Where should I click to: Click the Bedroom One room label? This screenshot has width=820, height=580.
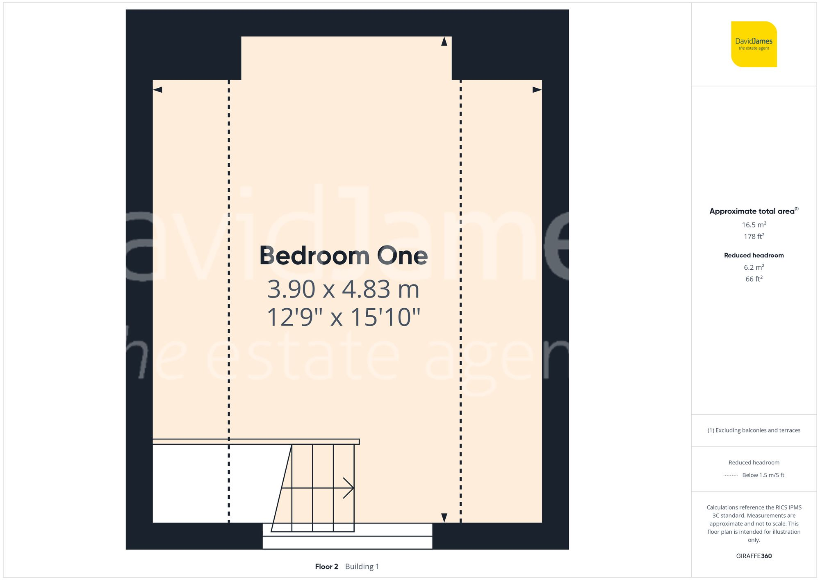pyautogui.click(x=344, y=256)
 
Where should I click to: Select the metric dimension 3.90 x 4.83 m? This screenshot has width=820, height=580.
pyautogui.click(x=344, y=289)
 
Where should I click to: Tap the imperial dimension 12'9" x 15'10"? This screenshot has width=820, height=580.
pyautogui.click(x=344, y=317)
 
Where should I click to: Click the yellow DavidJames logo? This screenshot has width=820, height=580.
pyautogui.click(x=754, y=44)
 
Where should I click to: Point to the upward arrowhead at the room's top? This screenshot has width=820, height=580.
pyautogui.click(x=444, y=41)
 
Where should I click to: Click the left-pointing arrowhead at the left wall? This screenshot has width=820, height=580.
pyautogui.click(x=158, y=90)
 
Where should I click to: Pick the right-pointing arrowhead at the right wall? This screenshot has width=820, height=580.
pyautogui.click(x=537, y=90)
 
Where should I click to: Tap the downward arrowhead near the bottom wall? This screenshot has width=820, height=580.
pyautogui.click(x=444, y=518)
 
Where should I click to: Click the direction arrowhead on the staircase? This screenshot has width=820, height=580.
pyautogui.click(x=349, y=488)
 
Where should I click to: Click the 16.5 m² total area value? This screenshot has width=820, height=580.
pyautogui.click(x=754, y=225)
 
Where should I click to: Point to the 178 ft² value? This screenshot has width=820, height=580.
pyautogui.click(x=754, y=237)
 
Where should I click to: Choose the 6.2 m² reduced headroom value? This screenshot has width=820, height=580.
pyautogui.click(x=754, y=267)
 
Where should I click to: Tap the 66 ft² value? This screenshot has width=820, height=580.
pyautogui.click(x=754, y=279)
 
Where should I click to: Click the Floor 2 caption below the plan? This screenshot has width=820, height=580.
pyautogui.click(x=326, y=566)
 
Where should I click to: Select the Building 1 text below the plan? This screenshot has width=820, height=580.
pyautogui.click(x=362, y=566)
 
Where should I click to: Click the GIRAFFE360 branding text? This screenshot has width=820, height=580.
pyautogui.click(x=754, y=556)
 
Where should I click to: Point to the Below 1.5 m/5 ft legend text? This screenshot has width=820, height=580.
pyautogui.click(x=763, y=475)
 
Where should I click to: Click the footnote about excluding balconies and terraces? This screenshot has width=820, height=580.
pyautogui.click(x=754, y=430)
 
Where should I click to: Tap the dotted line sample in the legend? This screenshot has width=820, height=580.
pyautogui.click(x=731, y=475)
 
